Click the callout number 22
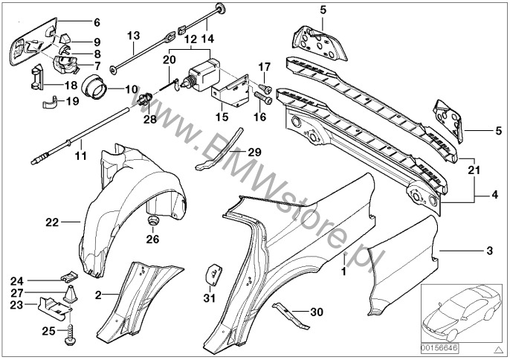click(x=51, y=221)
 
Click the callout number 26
click(x=153, y=239)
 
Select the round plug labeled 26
click(x=153, y=223)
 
